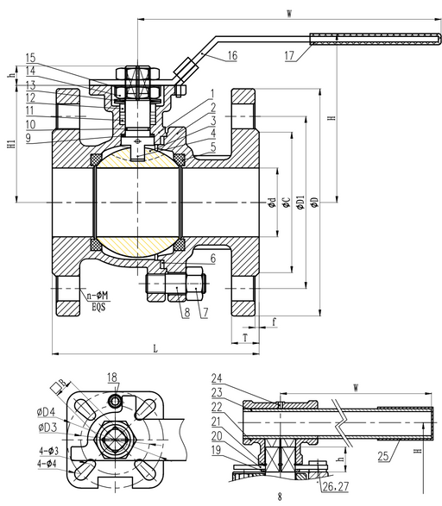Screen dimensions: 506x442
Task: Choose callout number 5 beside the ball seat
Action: (211, 148)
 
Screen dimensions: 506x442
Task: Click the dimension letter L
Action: (155, 348)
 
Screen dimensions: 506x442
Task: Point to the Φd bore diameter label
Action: (271, 203)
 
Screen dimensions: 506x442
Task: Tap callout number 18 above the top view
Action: (112, 378)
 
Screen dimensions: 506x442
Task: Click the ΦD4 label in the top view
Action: (47, 413)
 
